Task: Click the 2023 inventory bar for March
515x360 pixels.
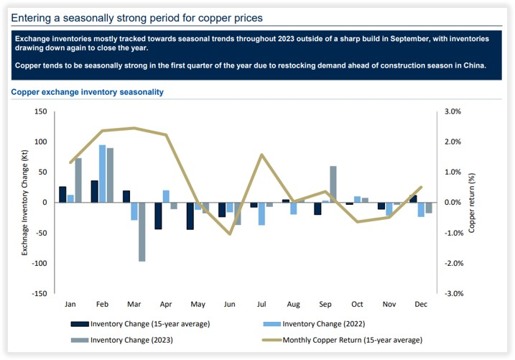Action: pos(141,231)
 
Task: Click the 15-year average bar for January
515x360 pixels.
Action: pos(62,194)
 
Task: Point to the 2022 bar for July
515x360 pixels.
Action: pos(261,213)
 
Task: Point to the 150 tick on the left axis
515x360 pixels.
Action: pos(40,111)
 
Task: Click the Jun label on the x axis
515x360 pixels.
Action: pos(230,305)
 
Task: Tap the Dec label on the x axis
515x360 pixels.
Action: pos(420,305)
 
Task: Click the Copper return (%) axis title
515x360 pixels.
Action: pos(472,203)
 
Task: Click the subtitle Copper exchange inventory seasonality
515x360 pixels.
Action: pos(87,92)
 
